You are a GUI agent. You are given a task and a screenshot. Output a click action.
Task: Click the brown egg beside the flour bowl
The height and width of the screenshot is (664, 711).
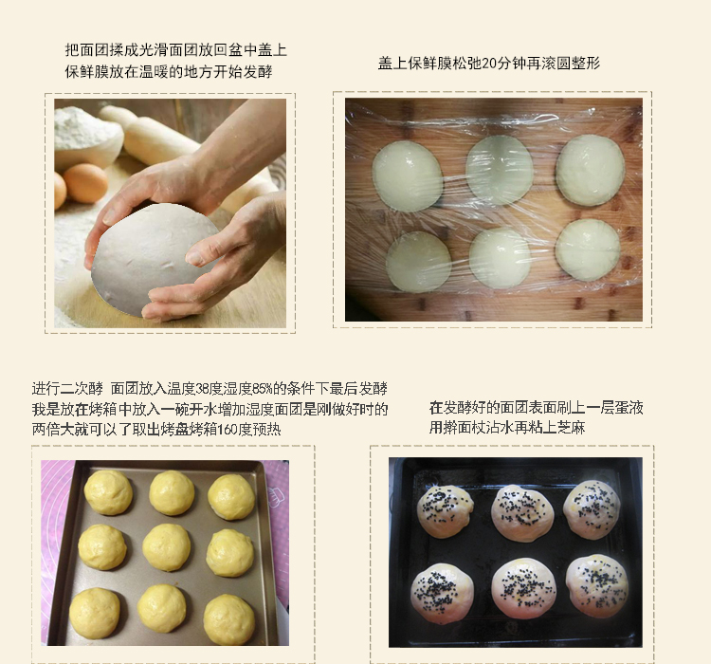point(84,183)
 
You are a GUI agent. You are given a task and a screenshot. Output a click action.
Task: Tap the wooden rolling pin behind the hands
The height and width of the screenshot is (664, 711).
point(150,136)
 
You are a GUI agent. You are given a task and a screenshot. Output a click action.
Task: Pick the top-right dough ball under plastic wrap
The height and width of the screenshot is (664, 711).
point(591,170)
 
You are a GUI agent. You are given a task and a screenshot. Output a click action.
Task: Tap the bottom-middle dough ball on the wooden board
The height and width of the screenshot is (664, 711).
point(500,258)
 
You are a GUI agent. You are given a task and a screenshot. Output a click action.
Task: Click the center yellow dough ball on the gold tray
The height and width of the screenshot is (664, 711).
point(167,547)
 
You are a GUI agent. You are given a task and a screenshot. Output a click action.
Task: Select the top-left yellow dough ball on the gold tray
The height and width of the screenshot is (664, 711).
point(108,492)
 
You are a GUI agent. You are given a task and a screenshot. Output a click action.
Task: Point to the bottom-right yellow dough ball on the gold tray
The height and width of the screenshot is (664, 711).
point(228,619)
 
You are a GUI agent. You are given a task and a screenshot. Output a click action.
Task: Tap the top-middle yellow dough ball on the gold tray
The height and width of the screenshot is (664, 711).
point(172,493)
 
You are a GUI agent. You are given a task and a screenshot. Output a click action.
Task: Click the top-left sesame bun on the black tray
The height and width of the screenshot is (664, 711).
point(445,511)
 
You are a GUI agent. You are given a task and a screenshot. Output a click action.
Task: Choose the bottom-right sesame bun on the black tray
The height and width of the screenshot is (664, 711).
point(597,586)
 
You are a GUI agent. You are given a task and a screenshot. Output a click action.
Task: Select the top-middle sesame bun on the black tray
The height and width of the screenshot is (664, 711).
point(522,513)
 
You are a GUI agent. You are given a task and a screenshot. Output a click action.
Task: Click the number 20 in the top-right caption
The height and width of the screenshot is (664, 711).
point(489,64)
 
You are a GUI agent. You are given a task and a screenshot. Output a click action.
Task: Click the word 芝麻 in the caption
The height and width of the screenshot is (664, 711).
point(571,428)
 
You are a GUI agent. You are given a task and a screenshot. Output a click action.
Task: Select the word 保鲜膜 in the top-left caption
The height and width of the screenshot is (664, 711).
point(86,72)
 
